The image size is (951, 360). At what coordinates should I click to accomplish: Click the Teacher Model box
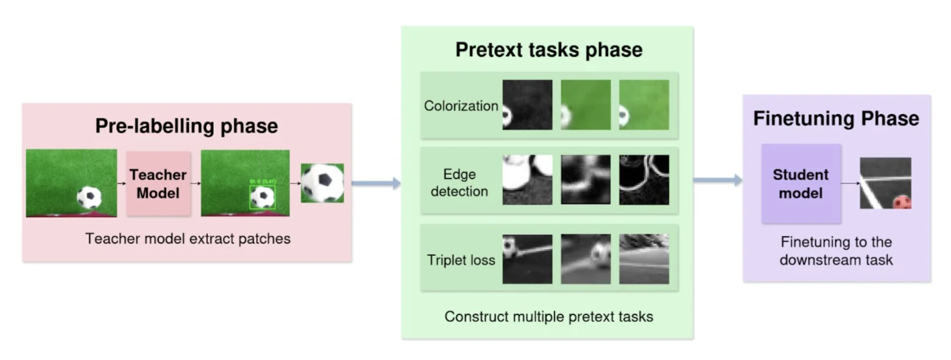[x=158, y=183]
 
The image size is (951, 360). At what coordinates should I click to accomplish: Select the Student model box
[x=801, y=183]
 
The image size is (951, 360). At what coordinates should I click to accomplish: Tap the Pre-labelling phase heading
[x=186, y=125]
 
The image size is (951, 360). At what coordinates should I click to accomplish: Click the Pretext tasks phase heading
[x=548, y=50]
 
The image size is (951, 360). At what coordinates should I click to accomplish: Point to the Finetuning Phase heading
[x=836, y=118]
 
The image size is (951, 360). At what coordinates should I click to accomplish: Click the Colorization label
[x=461, y=105]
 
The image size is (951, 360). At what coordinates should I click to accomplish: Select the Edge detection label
[x=459, y=183]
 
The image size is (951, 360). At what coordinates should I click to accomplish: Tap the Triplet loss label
[x=461, y=259]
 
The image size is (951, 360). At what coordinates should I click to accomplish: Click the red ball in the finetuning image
[x=902, y=202]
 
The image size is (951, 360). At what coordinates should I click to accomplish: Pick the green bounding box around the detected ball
[x=262, y=197]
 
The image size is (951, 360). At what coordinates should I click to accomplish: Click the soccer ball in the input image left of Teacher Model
[x=89, y=197]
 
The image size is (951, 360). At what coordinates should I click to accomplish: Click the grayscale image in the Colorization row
[x=527, y=105]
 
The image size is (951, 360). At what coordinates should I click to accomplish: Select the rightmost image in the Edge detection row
[x=644, y=180]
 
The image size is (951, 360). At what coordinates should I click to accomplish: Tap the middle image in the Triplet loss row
[x=585, y=259]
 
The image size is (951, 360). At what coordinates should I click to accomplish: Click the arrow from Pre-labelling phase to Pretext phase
[x=377, y=183]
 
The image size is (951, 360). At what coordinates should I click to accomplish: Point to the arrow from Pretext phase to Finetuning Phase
[x=718, y=181]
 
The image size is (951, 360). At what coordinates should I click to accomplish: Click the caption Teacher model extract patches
[x=188, y=239]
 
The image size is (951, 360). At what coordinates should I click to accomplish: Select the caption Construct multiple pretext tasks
[x=548, y=316]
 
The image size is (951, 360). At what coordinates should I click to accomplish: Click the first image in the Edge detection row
[x=527, y=180]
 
